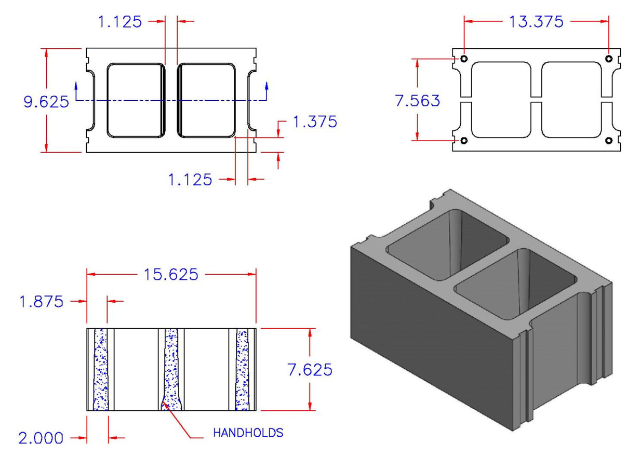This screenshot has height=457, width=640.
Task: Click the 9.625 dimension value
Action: (46, 101)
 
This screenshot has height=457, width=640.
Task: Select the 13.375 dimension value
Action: (536, 22)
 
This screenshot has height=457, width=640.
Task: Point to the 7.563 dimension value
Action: (417, 100)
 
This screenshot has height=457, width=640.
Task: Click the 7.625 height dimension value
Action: (310, 370)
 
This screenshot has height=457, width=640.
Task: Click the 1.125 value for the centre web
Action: (120, 22)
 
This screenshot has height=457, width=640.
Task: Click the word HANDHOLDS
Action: (248, 433)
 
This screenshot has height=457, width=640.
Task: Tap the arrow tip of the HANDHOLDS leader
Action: (163, 401)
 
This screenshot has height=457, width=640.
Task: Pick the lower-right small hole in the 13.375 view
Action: (609, 141)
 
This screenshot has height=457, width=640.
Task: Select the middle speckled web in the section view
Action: (171, 369)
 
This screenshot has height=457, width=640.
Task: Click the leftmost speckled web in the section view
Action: (100, 369)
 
